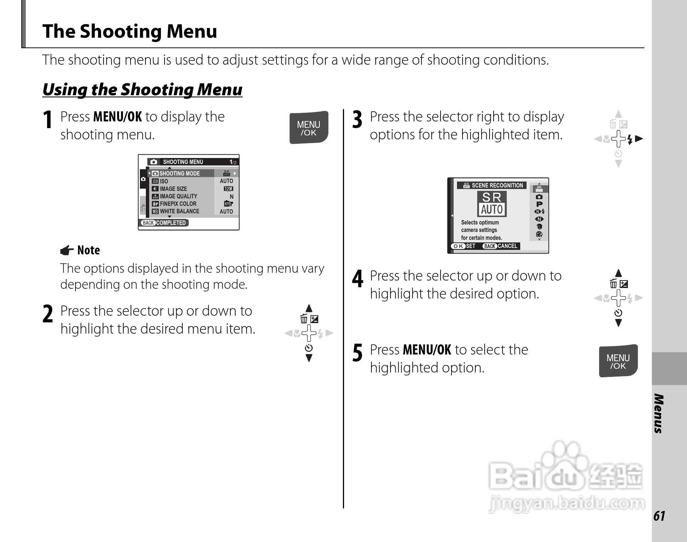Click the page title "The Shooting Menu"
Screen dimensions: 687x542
click(x=129, y=31)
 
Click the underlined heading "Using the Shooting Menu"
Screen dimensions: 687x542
click(x=142, y=90)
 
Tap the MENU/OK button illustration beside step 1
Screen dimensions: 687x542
click(x=309, y=128)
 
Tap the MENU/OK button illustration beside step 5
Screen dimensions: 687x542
click(x=618, y=361)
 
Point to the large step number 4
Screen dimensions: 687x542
click(x=358, y=279)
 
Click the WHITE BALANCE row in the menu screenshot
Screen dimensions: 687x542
click(x=179, y=211)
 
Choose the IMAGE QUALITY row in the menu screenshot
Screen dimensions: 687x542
click(x=178, y=196)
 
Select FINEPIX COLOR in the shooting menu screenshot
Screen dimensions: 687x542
click(x=178, y=204)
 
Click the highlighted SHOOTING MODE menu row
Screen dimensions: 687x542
click(x=180, y=173)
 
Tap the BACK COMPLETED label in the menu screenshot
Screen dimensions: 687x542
click(x=165, y=223)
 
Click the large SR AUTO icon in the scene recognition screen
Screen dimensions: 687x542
click(x=492, y=204)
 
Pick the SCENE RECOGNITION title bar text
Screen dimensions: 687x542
click(x=497, y=185)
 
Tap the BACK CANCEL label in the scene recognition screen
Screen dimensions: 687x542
click(x=500, y=246)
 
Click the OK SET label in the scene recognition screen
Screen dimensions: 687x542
click(x=464, y=246)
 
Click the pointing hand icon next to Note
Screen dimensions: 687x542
click(x=67, y=250)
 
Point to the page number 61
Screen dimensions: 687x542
click(x=659, y=516)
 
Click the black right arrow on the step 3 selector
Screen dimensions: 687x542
click(x=639, y=139)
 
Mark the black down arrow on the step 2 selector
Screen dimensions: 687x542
click(x=309, y=359)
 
